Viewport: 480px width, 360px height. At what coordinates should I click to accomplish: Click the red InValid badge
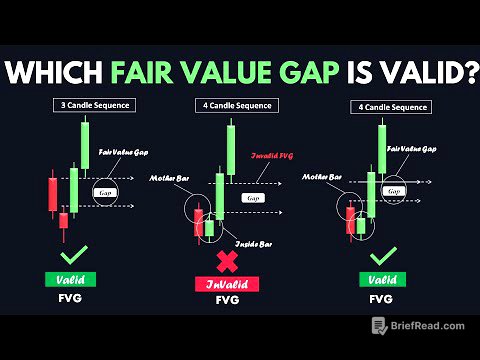coord(226,285)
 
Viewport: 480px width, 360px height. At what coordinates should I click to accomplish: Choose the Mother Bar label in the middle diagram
coord(169,178)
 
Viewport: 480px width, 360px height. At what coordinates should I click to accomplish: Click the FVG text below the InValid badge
coord(226,303)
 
